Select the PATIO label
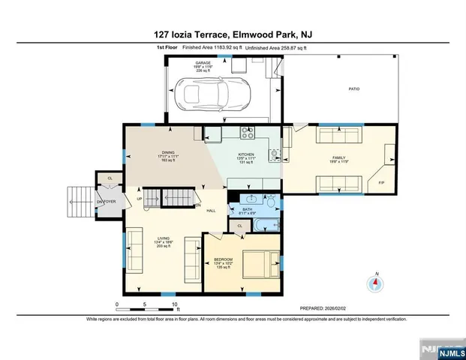353,88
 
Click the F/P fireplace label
381,182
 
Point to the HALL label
212,211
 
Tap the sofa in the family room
337,136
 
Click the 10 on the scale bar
175,304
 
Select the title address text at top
233,34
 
